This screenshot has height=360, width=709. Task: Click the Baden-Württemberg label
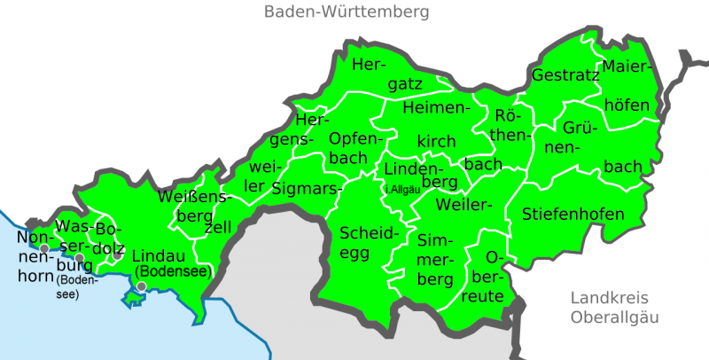tap(347, 12)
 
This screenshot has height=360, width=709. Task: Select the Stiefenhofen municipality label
tap(573, 214)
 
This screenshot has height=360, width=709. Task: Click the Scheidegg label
tap(363, 234)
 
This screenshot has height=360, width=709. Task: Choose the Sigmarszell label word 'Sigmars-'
tap(307, 188)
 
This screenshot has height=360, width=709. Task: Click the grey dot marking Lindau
tap(141, 286)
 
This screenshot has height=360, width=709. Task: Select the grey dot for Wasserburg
tap(79, 258)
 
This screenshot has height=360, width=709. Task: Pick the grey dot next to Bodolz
tap(116, 256)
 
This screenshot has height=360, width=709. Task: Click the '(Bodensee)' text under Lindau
tap(172, 272)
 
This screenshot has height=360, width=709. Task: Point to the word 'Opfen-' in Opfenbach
tap(354, 139)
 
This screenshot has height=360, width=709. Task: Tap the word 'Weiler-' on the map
tap(464, 205)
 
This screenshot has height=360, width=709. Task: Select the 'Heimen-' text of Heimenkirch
tap(434, 107)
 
